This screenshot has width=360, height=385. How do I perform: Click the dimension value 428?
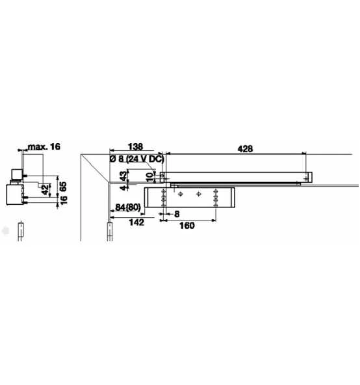(x=245, y=149)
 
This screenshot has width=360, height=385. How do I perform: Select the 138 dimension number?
(x=135, y=147)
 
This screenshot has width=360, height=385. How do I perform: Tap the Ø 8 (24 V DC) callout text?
(x=136, y=159)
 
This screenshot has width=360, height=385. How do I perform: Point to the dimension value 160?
(x=187, y=226)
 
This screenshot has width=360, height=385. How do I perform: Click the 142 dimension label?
(x=136, y=222)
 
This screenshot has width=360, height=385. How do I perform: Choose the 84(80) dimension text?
(x=128, y=207)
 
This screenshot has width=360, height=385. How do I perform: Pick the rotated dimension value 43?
(x=123, y=176)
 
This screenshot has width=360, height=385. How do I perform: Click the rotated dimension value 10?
(x=149, y=176)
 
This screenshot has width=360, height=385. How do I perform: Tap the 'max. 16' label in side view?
(x=44, y=147)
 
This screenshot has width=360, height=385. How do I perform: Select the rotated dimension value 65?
(x=63, y=187)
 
